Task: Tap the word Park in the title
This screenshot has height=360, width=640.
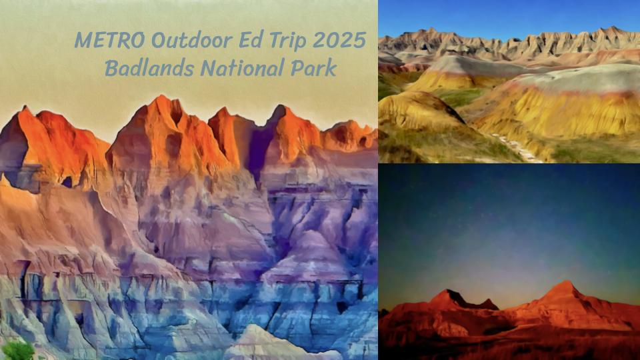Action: (315, 68)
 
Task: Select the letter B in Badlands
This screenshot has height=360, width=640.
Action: (111, 68)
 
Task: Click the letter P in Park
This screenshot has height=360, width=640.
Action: (299, 68)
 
